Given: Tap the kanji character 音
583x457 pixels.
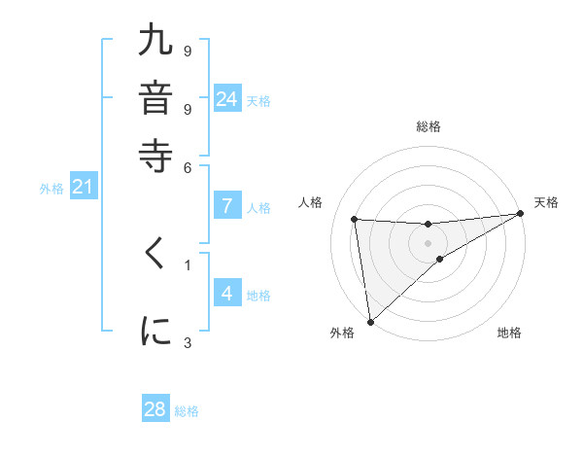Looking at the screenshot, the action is point(156,98).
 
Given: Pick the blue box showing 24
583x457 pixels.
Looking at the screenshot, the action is point(227,98).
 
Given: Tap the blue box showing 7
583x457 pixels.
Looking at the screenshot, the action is point(227,205).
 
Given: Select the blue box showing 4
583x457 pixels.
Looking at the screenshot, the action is point(227,294).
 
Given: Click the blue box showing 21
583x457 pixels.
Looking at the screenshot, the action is point(83,187).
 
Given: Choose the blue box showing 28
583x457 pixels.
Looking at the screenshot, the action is point(155,409).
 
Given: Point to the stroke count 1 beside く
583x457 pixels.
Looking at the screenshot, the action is point(188,264).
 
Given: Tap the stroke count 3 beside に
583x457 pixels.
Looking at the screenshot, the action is point(188,342).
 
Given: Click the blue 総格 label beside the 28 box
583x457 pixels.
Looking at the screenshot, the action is point(187,411).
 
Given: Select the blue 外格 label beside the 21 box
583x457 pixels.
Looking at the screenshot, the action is point(51,189).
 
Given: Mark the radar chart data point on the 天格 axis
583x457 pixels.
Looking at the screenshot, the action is point(521,214).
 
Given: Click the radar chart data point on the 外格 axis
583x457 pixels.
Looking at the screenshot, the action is point(370,321).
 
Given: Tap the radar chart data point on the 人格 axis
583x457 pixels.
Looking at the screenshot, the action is point(355,219).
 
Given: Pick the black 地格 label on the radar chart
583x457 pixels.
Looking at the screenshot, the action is point(509,334).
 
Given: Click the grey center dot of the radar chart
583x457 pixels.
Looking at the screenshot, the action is point(428,243).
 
